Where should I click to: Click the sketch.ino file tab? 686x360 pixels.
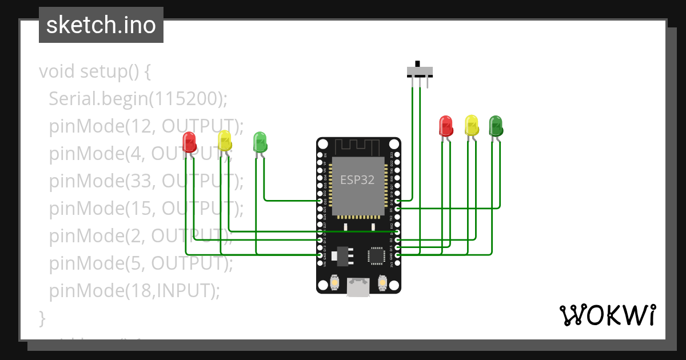tap(101, 25)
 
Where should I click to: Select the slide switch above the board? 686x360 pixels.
tap(420, 71)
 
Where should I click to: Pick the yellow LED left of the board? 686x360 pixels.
tap(225, 140)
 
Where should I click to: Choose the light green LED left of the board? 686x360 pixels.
tap(260, 141)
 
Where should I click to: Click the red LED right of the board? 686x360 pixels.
tap(445, 126)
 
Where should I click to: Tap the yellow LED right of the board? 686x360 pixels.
tap(472, 125)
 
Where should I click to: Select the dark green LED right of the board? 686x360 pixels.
tap(496, 125)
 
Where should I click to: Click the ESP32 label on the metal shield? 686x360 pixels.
tap(357, 180)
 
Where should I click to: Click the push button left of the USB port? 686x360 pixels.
tap(335, 282)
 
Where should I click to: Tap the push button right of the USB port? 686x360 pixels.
tap(382, 282)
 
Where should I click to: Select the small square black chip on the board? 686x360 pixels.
tap(377, 255)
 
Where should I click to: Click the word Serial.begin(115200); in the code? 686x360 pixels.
tap(138, 99)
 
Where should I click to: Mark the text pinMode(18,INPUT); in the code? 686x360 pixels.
tap(134, 291)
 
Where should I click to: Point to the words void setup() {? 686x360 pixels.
tap(94, 72)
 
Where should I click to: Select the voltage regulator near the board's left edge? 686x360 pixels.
tap(343, 255)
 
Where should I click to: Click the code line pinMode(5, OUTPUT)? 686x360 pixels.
tap(141, 263)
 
